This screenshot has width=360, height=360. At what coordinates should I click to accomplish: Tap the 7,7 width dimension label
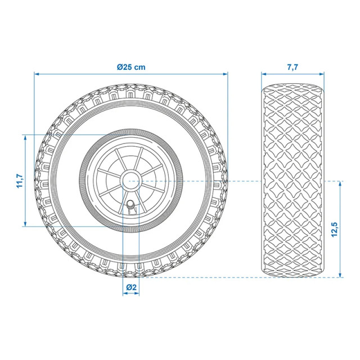click(x=292, y=66)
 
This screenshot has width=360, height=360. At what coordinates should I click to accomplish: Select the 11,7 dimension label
click(x=18, y=181)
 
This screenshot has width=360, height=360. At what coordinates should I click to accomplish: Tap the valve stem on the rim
click(x=132, y=206)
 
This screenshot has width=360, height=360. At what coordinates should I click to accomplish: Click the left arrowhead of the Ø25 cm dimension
click(x=36, y=74)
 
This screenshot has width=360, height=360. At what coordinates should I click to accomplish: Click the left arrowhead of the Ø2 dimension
click(x=124, y=295)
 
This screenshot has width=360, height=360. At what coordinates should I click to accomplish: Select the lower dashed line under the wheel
click(x=197, y=277)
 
